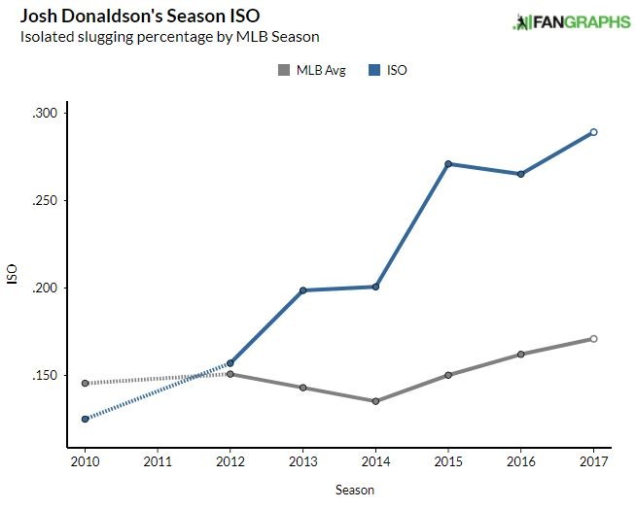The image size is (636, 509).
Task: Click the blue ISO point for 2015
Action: pyautogui.click(x=447, y=164)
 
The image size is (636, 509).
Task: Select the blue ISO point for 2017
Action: pyautogui.click(x=593, y=132)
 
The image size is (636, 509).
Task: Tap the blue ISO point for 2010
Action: pyautogui.click(x=86, y=419)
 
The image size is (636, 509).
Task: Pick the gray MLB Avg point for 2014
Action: pyautogui.click(x=374, y=401)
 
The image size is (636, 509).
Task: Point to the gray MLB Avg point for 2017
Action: pyautogui.click(x=593, y=339)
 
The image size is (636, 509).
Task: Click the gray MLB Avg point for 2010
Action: pyautogui.click(x=86, y=383)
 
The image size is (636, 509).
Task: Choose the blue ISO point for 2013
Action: pyautogui.click(x=302, y=290)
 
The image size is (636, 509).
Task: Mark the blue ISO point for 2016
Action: pyautogui.click(x=520, y=174)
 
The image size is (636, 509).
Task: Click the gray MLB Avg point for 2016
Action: pyautogui.click(x=520, y=355)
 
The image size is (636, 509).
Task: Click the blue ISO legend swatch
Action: pyautogui.click(x=374, y=69)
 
